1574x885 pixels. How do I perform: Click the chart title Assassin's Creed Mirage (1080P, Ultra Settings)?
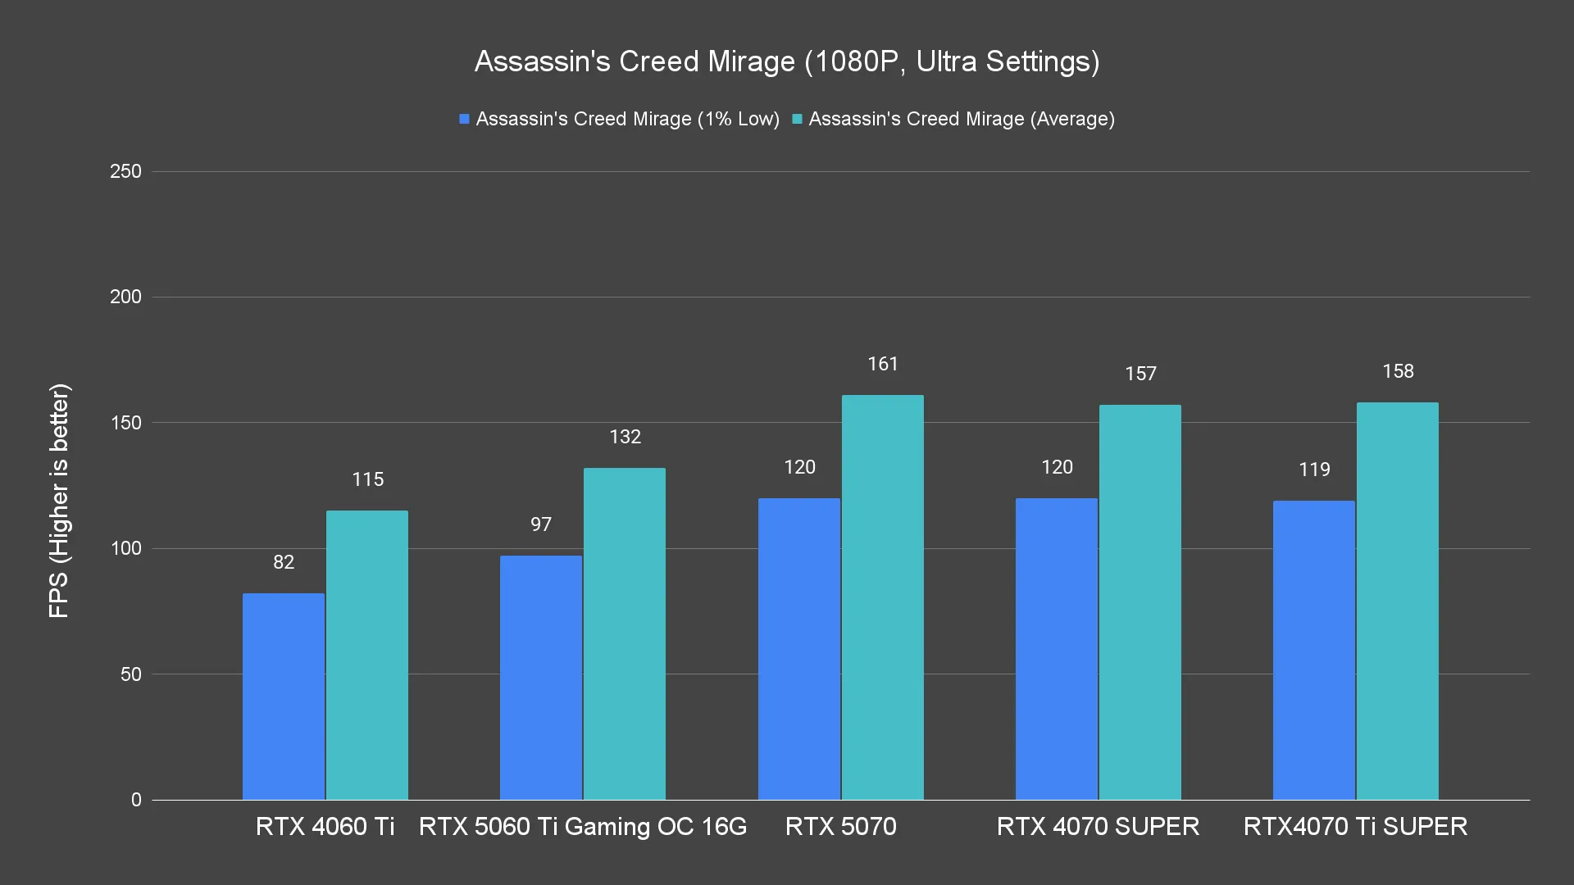click(x=787, y=61)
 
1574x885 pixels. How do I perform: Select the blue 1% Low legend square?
click(x=464, y=119)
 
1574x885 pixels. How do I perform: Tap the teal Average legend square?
click(x=797, y=119)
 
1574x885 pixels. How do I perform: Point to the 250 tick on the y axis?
click(x=125, y=171)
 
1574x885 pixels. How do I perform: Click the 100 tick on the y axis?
click(x=125, y=548)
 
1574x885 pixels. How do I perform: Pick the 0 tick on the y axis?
click(x=136, y=800)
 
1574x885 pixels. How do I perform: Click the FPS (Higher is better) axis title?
click(x=59, y=501)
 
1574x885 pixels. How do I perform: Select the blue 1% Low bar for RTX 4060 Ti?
click(x=284, y=697)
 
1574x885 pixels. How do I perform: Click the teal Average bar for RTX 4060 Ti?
click(x=367, y=656)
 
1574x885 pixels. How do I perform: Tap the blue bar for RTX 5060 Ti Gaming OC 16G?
click(x=541, y=678)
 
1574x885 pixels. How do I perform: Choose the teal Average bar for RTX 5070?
click(x=883, y=597)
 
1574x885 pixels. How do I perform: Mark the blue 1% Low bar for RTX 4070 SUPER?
click(x=1057, y=649)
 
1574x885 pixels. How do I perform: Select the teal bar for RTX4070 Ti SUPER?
click(x=1398, y=601)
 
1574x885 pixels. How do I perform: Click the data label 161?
click(x=883, y=364)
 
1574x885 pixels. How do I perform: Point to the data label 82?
click(x=284, y=562)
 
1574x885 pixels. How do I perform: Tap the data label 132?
click(x=625, y=437)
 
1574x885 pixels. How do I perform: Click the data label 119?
click(x=1314, y=470)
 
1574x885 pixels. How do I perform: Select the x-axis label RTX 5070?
click(x=840, y=826)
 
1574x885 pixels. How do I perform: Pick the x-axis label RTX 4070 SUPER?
click(x=1098, y=826)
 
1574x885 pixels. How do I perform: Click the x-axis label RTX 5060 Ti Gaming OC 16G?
click(x=583, y=826)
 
